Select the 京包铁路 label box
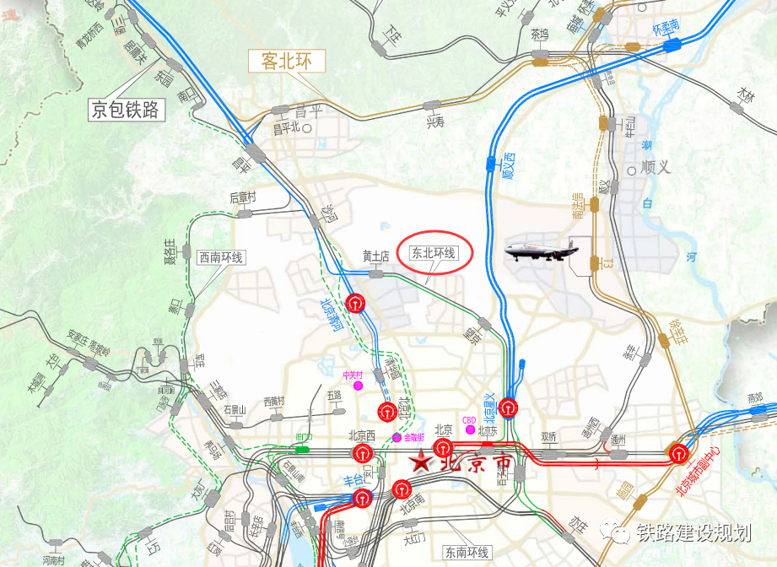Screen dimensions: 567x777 tap(126, 109)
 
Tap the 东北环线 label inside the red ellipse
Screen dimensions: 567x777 tap(433, 252)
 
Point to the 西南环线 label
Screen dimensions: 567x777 tap(221, 257)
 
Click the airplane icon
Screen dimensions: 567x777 tap(542, 250)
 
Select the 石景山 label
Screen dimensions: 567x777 tap(235, 411)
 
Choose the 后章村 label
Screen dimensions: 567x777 tap(242, 198)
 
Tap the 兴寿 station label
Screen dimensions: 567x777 tap(434, 122)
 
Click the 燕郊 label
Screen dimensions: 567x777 tap(755, 397)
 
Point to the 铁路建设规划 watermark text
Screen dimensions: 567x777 tap(693, 532)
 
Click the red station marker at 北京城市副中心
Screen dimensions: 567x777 tap(680, 453)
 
